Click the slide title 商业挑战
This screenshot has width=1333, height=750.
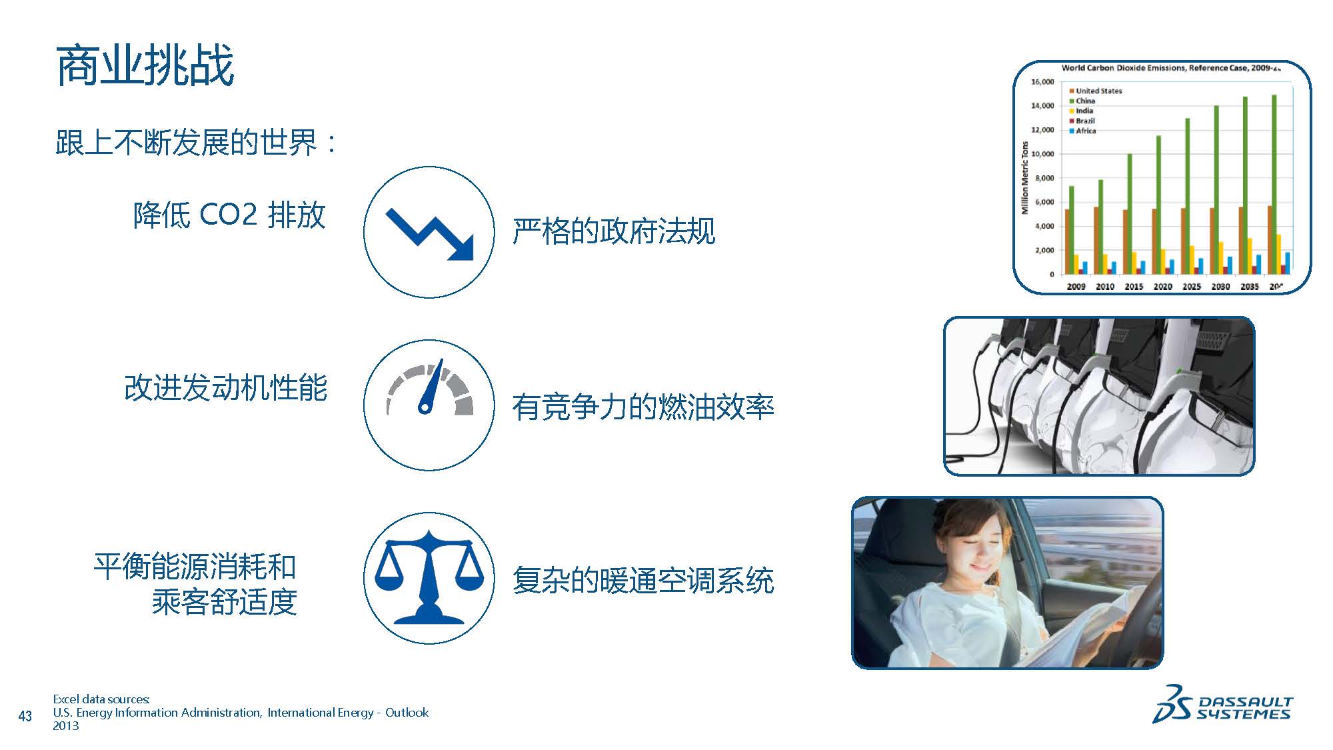pyautogui.click(x=145, y=66)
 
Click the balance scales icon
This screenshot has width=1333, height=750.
pyautogui.click(x=429, y=577)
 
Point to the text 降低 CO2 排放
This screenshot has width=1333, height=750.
pyautogui.click(x=229, y=215)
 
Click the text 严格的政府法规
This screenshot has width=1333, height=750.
pyautogui.click(x=614, y=231)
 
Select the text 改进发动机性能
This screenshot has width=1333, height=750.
pyautogui.click(x=225, y=388)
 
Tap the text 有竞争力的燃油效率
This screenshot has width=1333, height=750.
pyautogui.click(x=643, y=407)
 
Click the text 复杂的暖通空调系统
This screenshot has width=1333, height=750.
pyautogui.click(x=643, y=580)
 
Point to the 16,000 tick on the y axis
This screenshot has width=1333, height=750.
pyautogui.click(x=1042, y=82)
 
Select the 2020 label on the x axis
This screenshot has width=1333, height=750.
pyautogui.click(x=1162, y=286)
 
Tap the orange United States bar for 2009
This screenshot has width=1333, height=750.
pyautogui.click(x=1067, y=241)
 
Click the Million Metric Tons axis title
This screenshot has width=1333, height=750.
pyautogui.click(x=1025, y=178)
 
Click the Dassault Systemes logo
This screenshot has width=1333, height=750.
pyautogui.click(x=1222, y=703)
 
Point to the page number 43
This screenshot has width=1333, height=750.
pyautogui.click(x=25, y=716)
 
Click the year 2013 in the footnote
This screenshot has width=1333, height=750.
pyautogui.click(x=66, y=726)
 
